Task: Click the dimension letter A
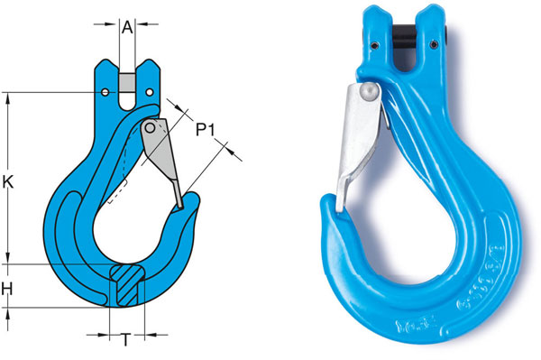coord(128,28)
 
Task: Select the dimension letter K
coord(8,181)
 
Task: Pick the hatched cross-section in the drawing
coord(126,283)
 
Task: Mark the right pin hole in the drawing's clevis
coord(149,91)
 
